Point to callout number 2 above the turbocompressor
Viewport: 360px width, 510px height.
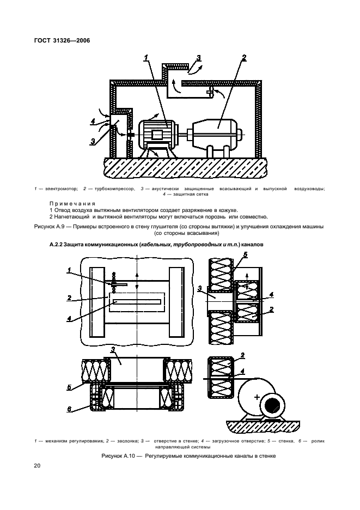(x=244, y=58)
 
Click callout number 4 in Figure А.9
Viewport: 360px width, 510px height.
(x=94, y=121)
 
